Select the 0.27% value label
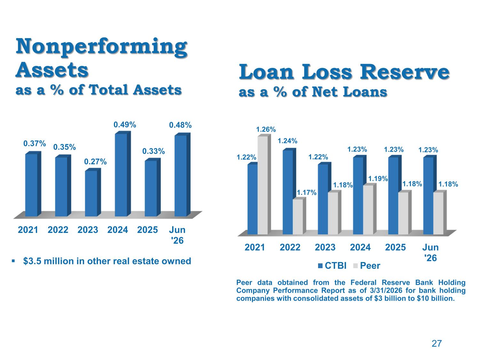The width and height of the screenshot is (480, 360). tap(95, 162)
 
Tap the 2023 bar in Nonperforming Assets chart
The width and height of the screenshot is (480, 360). tap(93, 192)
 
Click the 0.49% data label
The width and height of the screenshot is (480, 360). tap(125, 125)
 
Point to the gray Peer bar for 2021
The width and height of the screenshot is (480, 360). tap(264, 185)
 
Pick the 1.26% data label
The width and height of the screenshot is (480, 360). tap(266, 130)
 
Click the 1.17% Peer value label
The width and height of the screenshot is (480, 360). tap(307, 193)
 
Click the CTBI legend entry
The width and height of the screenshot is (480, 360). tap(332, 266)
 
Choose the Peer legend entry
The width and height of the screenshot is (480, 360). tap(367, 266)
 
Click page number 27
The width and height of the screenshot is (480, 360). tap(436, 344)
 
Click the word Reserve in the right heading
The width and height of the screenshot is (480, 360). tap(404, 72)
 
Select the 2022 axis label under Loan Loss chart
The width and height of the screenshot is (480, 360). tap(290, 247)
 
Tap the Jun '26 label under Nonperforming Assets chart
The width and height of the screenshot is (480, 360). tap(177, 235)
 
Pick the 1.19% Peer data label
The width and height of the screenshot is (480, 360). tap(378, 179)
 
